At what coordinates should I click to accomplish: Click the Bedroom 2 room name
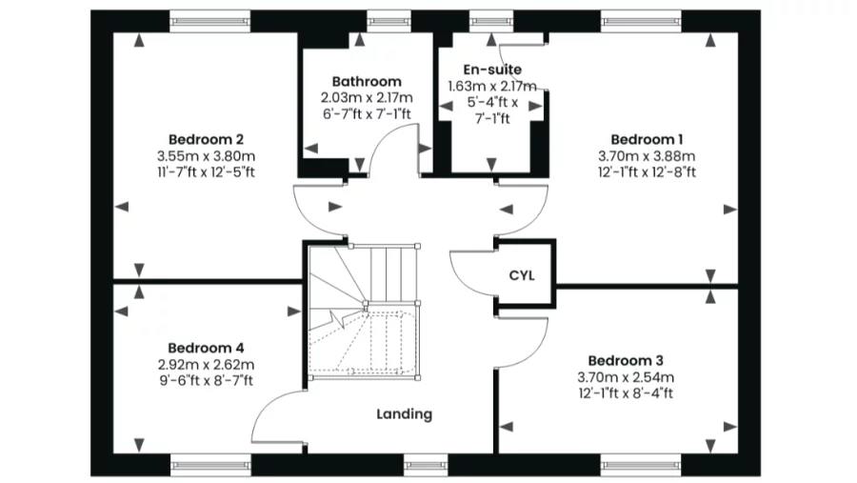pos(206,139)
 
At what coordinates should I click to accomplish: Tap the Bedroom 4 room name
pos(206,348)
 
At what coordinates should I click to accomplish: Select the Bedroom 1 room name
pos(648,139)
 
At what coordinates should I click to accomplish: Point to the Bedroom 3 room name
pos(626,360)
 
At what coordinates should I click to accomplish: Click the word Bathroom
pos(367,82)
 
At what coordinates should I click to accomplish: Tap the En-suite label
pos(492,70)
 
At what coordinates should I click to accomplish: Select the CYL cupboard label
pos(522,275)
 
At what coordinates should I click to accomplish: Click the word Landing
pos(405,414)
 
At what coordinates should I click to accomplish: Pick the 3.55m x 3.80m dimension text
pos(206,156)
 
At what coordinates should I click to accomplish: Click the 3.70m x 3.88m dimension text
pos(648,156)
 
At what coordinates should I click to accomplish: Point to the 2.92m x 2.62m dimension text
pos(206,364)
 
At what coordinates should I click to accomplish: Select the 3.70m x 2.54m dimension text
pos(626,377)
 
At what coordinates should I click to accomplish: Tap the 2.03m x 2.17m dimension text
pos(367,98)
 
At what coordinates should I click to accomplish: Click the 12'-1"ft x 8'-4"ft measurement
pos(626,393)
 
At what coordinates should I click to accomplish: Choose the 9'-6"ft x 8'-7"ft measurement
pos(206,381)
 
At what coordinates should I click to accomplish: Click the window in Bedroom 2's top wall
pos(210,21)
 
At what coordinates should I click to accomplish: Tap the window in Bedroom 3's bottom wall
pos(642,466)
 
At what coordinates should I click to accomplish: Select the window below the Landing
pos(426,466)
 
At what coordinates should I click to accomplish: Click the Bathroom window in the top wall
pos(389,21)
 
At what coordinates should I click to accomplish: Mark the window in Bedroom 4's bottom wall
pos(210,466)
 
